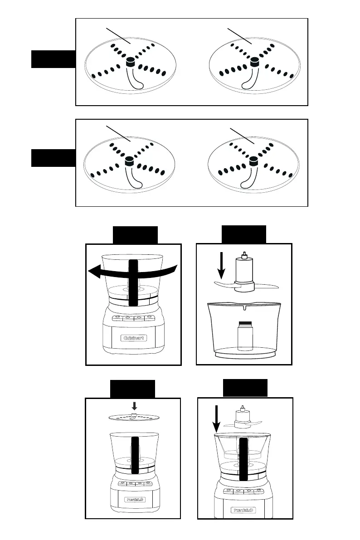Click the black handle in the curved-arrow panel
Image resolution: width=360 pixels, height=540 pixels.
click(133, 283)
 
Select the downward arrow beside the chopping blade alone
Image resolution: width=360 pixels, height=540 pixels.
click(222, 268)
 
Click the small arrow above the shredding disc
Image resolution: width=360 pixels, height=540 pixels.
click(134, 406)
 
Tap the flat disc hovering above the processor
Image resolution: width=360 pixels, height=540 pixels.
click(134, 417)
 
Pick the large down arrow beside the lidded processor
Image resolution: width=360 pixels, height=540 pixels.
click(216, 420)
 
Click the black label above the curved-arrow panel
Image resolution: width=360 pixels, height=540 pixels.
click(135, 234)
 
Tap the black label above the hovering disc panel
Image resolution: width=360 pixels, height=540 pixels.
click(133, 389)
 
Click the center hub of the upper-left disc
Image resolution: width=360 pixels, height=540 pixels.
click(130, 62)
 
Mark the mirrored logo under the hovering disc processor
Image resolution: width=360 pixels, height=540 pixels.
click(133, 500)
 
